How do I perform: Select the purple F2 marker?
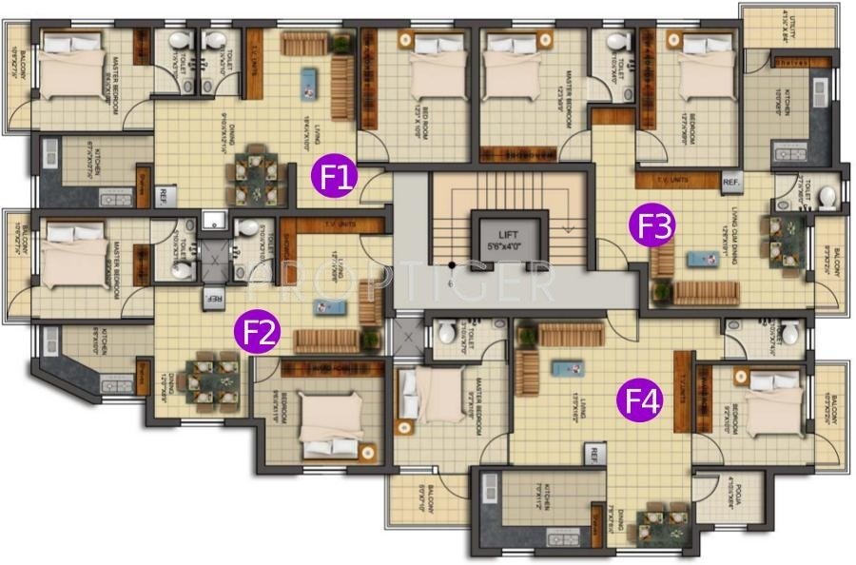259,332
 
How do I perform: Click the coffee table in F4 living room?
567,366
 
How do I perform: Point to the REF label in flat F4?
596,453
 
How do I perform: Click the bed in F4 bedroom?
769,406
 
